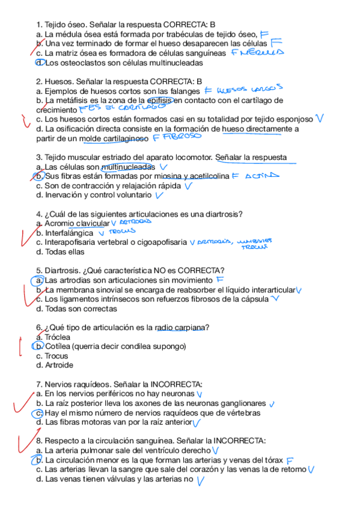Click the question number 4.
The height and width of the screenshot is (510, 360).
coord(39,214)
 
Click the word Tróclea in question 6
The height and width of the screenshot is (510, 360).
coord(58,337)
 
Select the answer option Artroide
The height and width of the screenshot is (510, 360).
coord(59,365)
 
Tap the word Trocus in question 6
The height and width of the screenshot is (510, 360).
coord(57,355)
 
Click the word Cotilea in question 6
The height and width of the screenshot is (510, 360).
coord(58,346)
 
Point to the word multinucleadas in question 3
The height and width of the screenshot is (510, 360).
coord(128,167)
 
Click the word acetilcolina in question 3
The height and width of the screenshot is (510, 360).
coord(201,176)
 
